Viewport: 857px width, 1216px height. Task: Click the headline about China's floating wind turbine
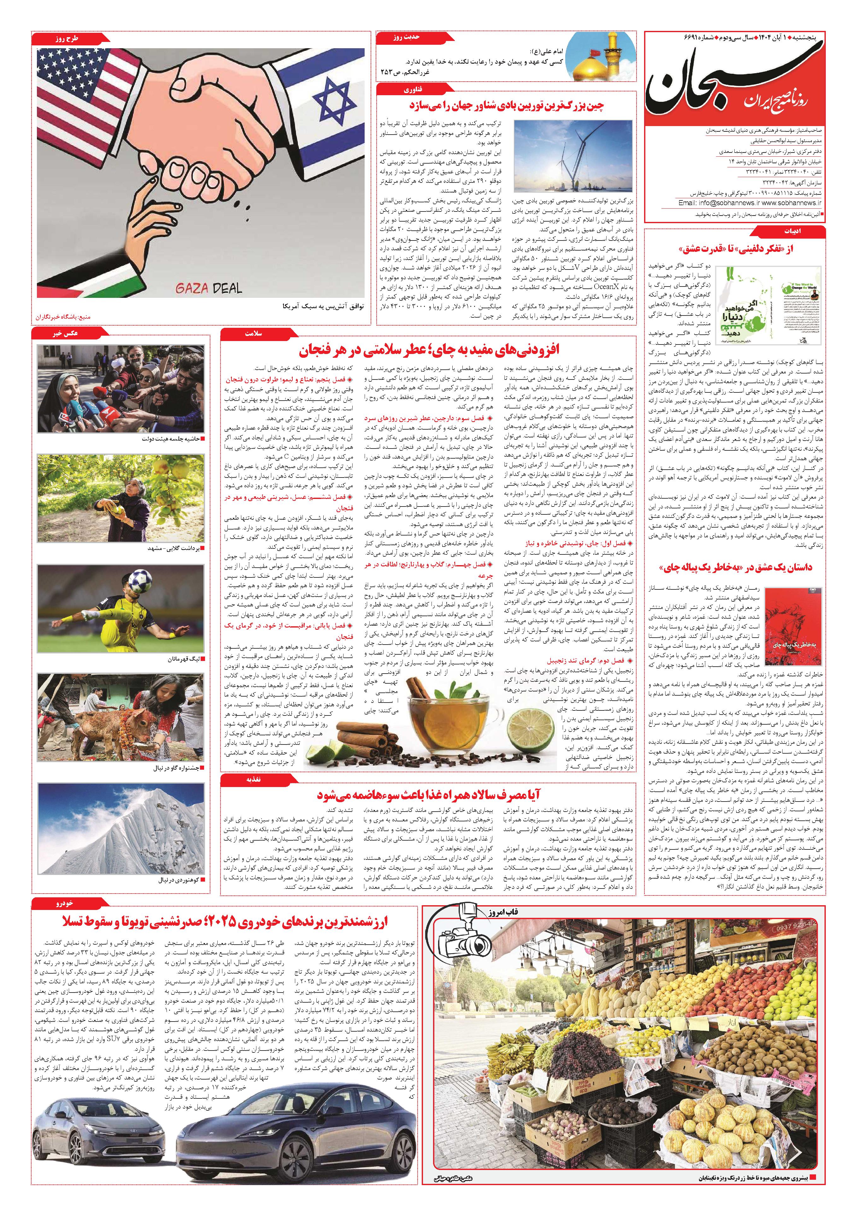click(x=506, y=105)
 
